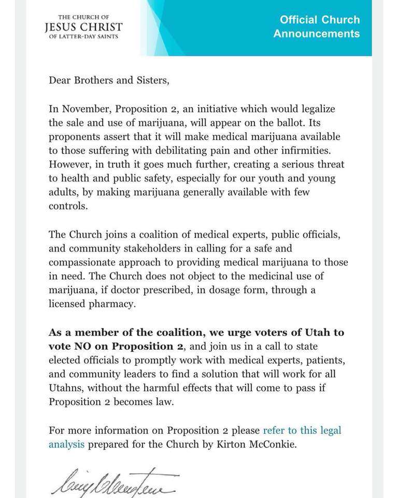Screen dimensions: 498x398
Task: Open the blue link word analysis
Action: point(66,445)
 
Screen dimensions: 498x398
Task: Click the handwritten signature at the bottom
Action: point(115,481)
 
